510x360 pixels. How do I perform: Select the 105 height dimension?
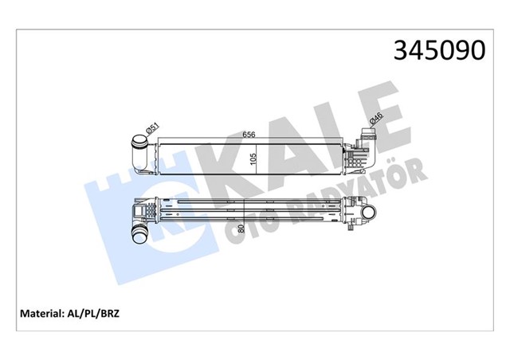coord(253,157)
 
